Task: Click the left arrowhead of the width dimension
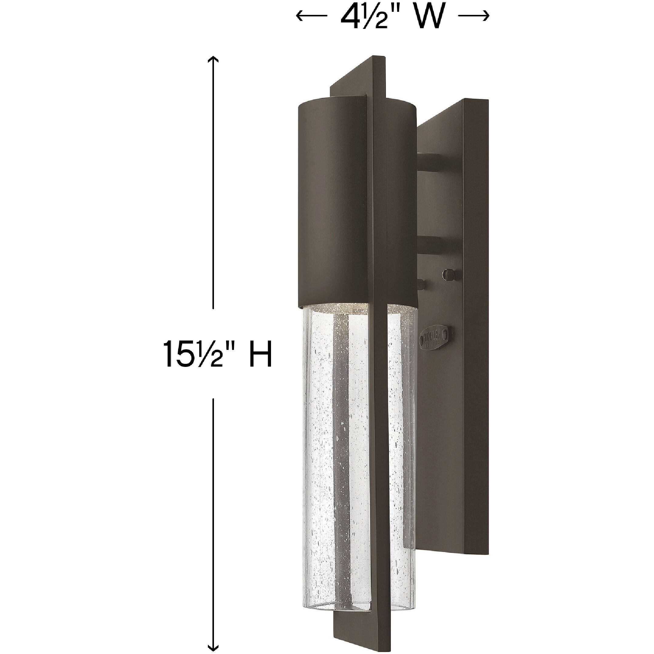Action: click(299, 15)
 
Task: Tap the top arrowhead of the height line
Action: click(212, 60)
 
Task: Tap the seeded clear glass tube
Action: click(322, 440)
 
